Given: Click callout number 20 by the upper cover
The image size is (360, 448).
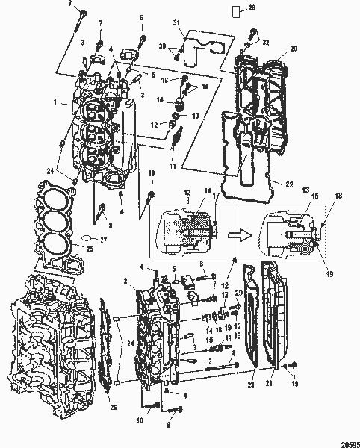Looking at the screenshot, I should (x=293, y=48).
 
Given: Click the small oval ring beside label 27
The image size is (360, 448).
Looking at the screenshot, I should (x=87, y=240).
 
